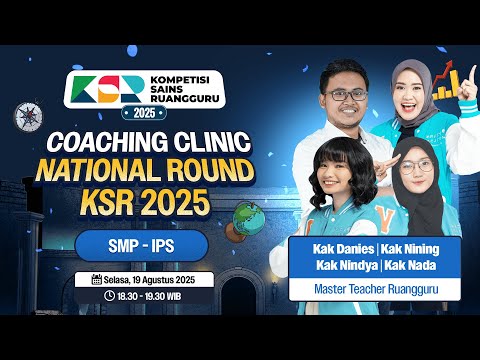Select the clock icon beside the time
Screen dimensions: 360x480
click(108, 297)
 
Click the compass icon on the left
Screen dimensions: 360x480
click(25, 117)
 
